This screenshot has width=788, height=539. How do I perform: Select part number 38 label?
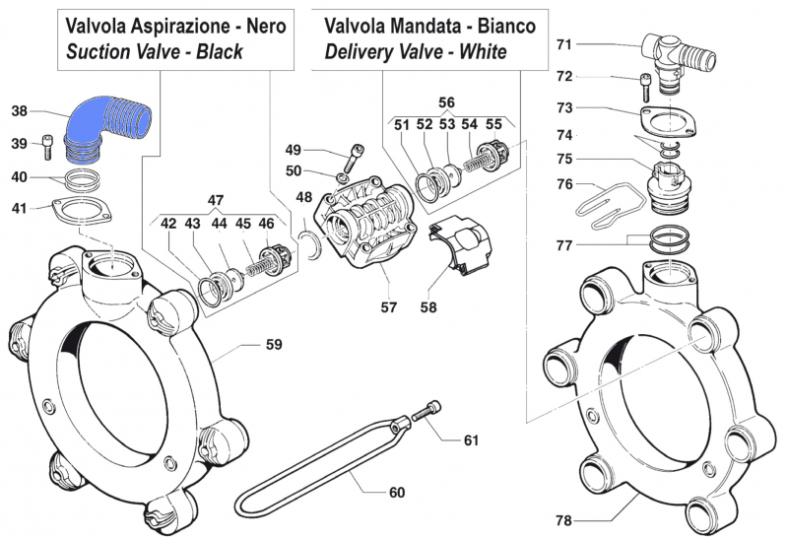21,111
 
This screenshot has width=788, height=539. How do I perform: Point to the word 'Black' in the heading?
231,51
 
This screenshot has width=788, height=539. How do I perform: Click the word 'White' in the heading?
475,51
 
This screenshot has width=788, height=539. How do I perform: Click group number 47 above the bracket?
214,198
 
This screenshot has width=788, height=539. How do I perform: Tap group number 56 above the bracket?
446,102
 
